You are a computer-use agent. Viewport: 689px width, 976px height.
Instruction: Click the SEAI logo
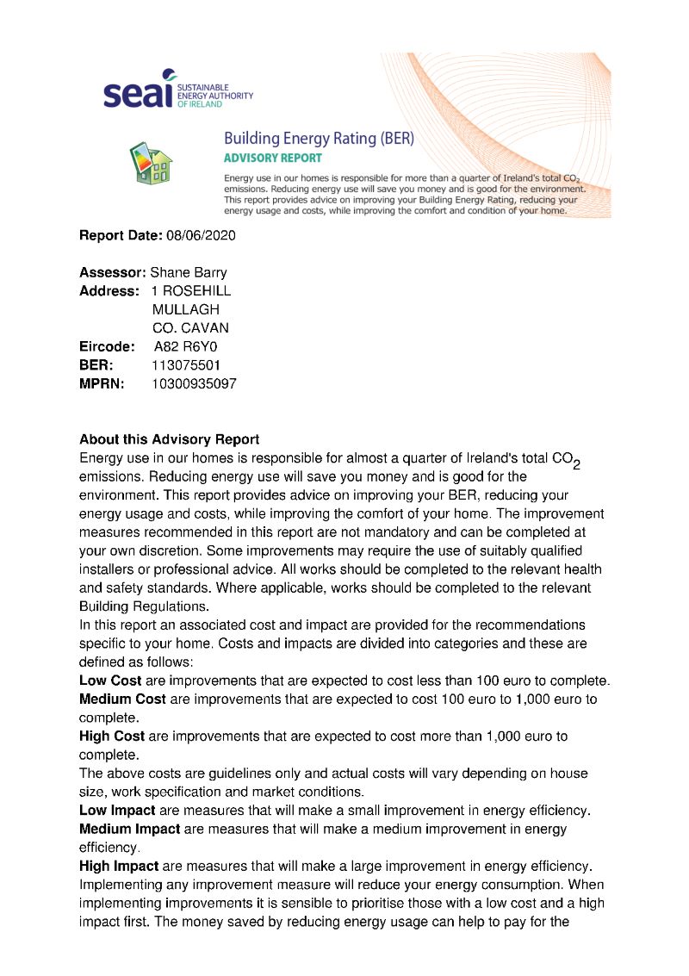pos(177,91)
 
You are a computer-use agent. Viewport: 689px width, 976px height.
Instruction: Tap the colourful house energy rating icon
pos(150,161)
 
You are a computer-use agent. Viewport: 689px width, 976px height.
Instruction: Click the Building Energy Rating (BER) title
pos(319,138)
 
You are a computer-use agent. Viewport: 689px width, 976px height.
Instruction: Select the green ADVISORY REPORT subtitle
pos(272,159)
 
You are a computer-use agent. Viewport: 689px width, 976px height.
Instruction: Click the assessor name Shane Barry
pos(189,273)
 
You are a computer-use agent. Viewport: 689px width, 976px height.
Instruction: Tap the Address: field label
pos(109,291)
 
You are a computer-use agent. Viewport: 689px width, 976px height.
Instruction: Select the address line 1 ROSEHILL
pos(190,291)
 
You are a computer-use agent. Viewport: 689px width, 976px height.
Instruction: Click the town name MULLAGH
pos(185,310)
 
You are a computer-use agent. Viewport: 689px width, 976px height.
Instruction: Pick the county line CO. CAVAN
pos(190,328)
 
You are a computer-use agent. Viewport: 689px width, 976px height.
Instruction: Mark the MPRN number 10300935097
pos(194,384)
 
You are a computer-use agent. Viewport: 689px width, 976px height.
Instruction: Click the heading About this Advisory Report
pos(169,439)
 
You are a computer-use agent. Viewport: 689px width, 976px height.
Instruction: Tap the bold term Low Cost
pos(110,681)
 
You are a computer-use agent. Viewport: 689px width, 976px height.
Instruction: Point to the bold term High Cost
pos(112,737)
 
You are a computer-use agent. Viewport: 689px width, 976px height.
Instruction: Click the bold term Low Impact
pos(117,811)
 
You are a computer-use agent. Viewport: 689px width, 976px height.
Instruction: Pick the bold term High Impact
pos(119,866)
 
